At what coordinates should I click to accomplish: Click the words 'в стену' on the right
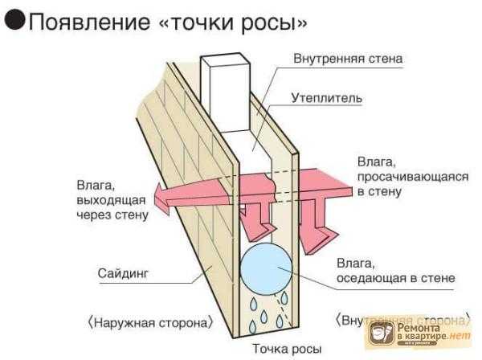click(380, 192)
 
